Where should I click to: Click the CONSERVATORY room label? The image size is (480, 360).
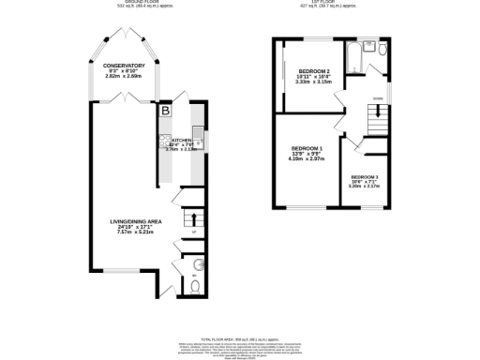click(124, 65)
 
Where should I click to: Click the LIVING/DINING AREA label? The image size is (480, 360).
click(129, 222)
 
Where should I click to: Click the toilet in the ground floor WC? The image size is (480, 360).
click(194, 287)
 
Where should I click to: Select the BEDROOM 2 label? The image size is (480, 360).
click(314, 71)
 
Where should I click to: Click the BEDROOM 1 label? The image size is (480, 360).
click(307, 149)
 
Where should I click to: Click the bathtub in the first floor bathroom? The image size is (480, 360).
click(355, 58)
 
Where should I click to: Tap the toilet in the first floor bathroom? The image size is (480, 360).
click(370, 46)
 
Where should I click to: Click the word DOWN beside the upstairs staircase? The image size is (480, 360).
click(377, 97)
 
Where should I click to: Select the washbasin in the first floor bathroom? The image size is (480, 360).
click(382, 46)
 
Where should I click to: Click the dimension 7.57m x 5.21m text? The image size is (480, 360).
click(129, 232)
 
